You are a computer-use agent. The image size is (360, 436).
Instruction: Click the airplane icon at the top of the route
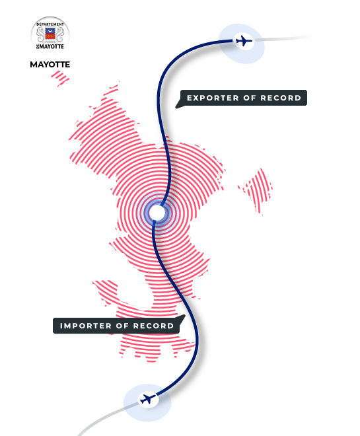pos(244,41)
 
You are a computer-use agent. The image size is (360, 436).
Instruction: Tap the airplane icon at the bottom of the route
pos(147,399)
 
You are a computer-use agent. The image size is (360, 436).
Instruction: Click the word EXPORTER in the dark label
pos(213,98)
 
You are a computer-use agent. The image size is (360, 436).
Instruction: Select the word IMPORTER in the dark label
pos(86,326)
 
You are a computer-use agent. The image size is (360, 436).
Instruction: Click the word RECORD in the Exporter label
pos(281,98)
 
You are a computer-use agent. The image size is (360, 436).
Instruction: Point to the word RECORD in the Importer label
pos(154,326)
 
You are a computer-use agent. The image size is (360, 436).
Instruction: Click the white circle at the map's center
pos(157,213)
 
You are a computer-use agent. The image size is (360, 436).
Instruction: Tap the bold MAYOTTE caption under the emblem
pos(50,65)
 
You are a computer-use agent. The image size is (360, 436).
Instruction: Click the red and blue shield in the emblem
pos(50,34)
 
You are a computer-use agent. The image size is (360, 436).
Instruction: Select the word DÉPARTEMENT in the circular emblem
pos(50,24)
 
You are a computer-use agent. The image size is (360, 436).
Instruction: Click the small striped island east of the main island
pos(256,191)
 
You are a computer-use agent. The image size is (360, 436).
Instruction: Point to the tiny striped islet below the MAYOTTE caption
pos(60,78)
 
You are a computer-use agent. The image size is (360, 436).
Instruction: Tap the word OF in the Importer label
pos(122,326)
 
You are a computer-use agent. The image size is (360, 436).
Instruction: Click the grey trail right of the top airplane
pos(283,38)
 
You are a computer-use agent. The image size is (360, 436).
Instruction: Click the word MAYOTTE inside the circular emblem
pos(52,46)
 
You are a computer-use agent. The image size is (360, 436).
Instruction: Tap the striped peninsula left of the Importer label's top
pos(106,292)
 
